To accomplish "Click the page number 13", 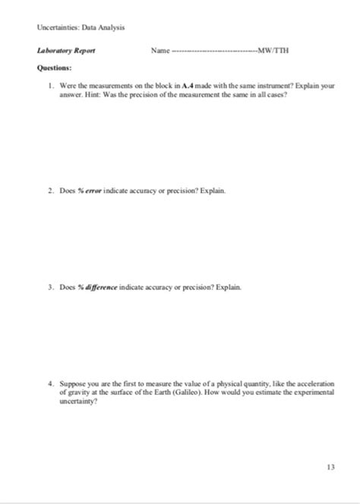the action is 330,467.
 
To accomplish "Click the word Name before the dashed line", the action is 159,52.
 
